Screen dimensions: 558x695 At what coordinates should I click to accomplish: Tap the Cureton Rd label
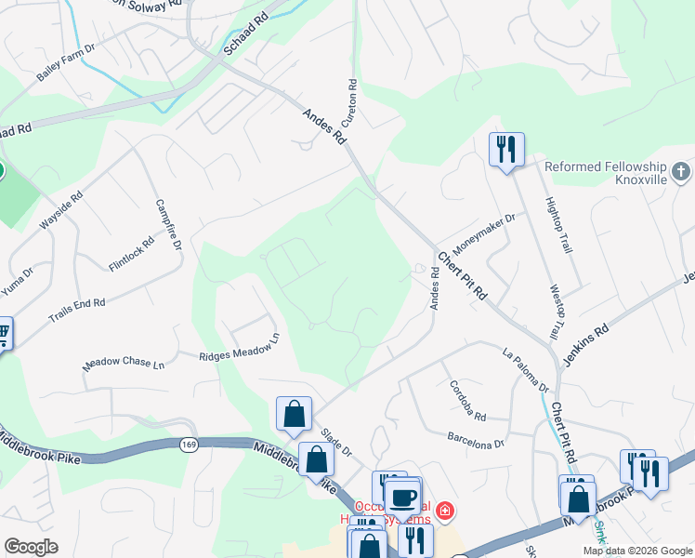point(352,103)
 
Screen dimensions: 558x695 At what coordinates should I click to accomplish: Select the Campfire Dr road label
point(167,225)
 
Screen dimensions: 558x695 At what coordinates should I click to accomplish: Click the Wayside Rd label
point(61,211)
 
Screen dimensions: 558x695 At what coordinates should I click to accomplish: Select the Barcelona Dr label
point(475,438)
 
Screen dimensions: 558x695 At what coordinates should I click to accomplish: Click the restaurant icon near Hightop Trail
point(506,149)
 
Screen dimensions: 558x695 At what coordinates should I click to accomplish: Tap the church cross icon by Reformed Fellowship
point(681,171)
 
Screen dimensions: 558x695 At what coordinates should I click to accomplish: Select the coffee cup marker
point(402,497)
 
